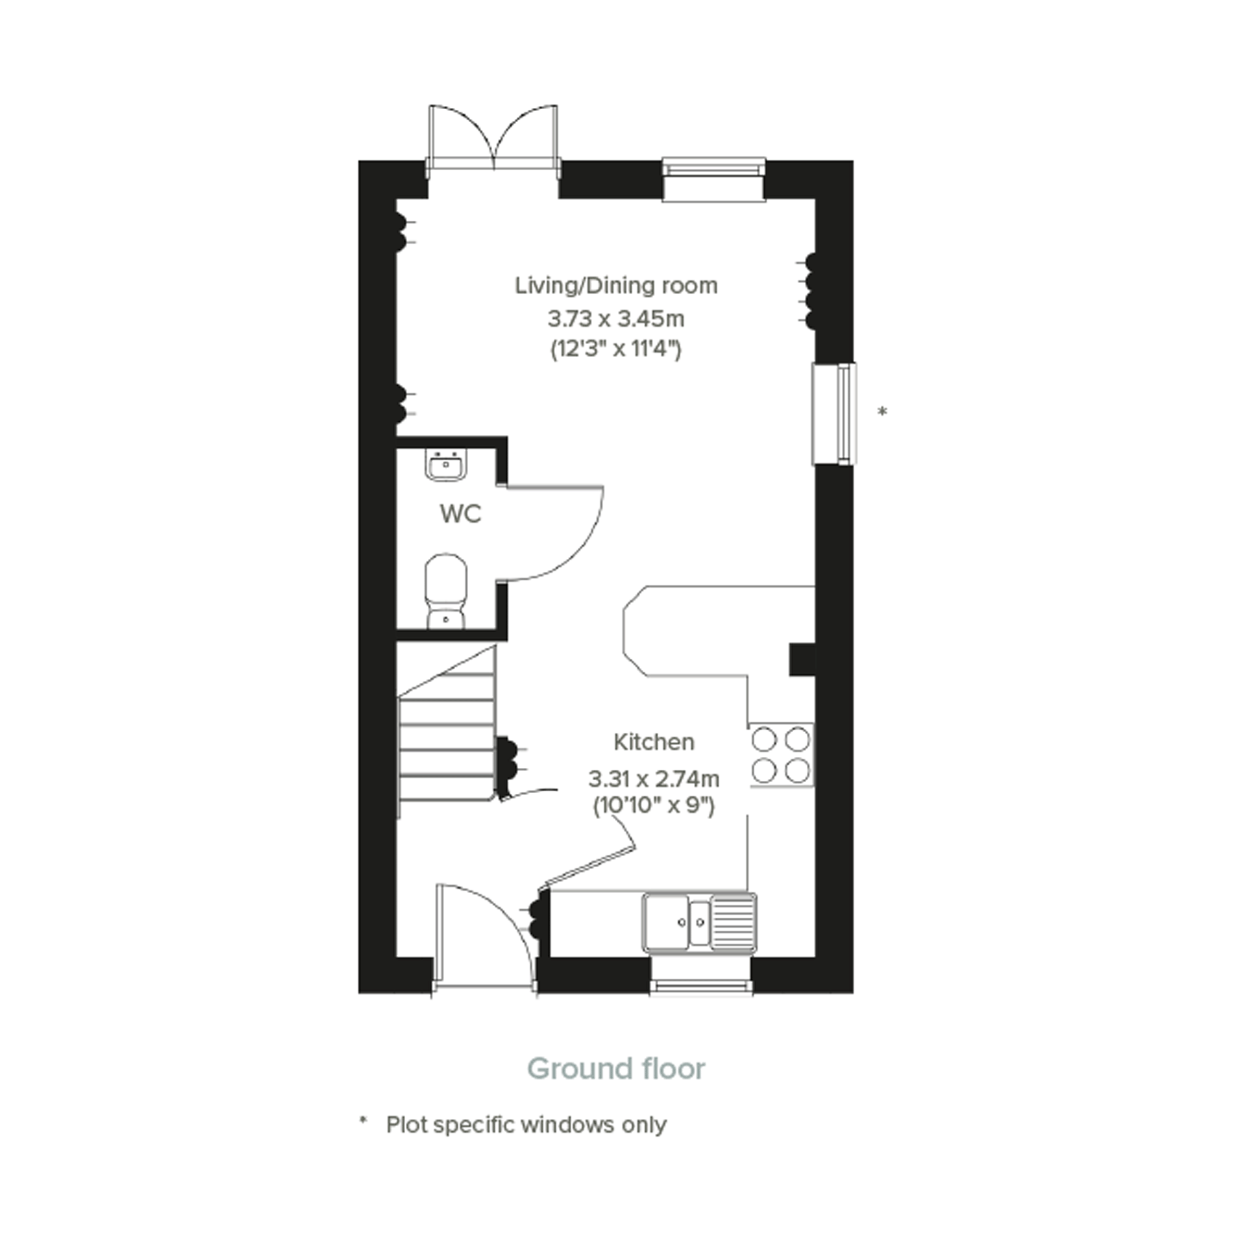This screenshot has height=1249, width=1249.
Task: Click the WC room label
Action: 460,514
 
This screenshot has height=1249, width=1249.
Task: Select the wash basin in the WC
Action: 445,466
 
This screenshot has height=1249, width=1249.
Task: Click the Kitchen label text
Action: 654,742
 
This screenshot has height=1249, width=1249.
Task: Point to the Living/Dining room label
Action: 616,286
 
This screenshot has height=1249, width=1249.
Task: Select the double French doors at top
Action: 493,139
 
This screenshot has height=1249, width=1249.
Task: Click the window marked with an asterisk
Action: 835,413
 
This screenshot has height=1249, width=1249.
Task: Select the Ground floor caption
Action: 616,1069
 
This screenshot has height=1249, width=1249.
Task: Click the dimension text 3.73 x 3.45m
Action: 616,319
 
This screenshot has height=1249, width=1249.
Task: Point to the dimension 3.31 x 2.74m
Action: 654,779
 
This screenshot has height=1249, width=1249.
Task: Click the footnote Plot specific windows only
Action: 526,1126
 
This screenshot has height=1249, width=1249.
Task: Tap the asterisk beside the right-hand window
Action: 883,411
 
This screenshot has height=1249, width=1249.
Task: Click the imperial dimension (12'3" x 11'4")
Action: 616,350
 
